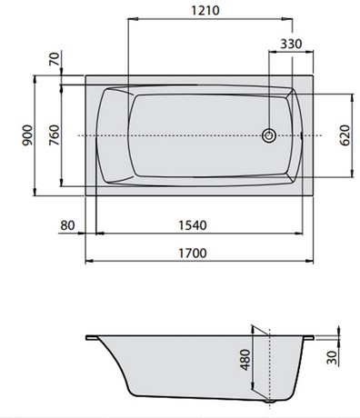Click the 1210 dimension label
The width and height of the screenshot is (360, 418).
pos(205,10)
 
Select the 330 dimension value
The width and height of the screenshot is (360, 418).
pos(291,44)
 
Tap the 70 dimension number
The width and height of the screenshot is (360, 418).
pos(55,59)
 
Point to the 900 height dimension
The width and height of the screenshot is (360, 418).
pos(27,135)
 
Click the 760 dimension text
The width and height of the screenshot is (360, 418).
pos(55,135)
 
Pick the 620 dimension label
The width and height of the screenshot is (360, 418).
pos(345,135)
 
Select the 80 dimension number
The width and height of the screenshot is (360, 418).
pos(67,225)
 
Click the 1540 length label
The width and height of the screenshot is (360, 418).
pos(193,225)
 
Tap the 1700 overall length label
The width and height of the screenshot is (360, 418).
pos(193,253)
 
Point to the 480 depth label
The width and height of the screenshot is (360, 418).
pos(245,360)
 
